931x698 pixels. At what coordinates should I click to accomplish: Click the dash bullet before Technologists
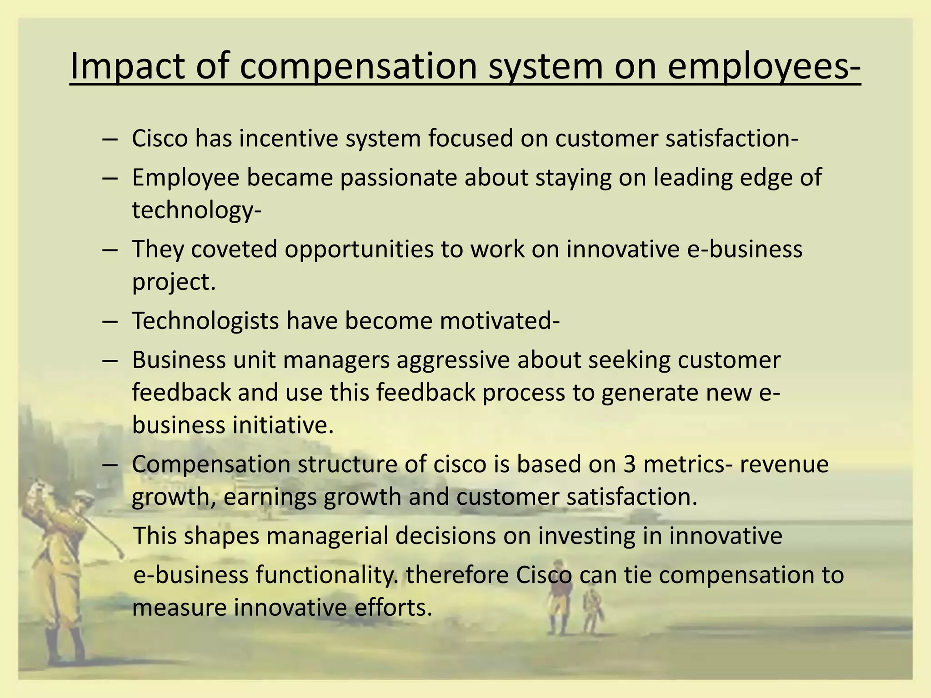coord(110,321)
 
